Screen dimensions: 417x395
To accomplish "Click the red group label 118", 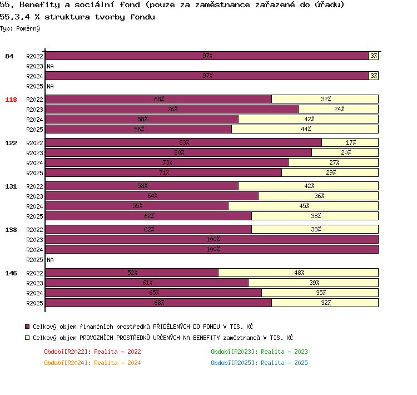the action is (x=11, y=100).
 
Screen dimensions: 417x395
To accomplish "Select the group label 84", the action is (x=9, y=56).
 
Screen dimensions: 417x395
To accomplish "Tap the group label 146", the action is (x=11, y=273).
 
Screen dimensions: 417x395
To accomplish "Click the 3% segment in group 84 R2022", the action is (x=374, y=56).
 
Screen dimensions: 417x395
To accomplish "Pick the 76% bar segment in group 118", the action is (x=172, y=109).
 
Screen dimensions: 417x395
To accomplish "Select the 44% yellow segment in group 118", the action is (x=305, y=129).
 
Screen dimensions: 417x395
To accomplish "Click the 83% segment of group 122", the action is (x=183, y=142).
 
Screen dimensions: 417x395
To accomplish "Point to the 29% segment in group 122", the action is (x=330, y=172).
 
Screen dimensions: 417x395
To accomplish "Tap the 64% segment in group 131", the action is (x=152, y=196).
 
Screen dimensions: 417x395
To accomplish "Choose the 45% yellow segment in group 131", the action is (x=304, y=206).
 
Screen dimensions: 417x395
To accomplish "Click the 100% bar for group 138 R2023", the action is (x=212, y=239).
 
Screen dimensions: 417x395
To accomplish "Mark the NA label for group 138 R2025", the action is (x=50, y=260).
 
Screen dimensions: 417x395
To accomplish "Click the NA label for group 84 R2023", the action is (x=50, y=66).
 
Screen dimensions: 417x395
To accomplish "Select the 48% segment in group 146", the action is (x=299, y=273).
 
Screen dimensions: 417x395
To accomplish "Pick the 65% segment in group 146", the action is (x=153, y=293).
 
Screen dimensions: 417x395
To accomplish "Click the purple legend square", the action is (x=27, y=327).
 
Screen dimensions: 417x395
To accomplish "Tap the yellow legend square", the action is (x=27, y=338).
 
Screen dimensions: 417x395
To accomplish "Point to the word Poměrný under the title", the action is (x=28, y=28).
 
